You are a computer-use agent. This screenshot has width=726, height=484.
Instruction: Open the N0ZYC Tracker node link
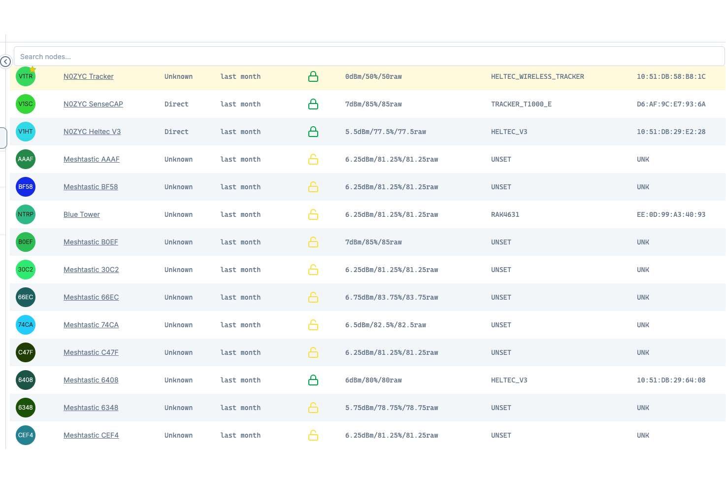89,76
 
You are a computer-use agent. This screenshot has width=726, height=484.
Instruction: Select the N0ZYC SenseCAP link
93,104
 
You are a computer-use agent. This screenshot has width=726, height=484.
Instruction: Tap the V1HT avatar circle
26,132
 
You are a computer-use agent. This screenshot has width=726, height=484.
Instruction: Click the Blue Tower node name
82,214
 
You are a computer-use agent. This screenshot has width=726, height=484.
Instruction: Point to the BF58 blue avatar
26,187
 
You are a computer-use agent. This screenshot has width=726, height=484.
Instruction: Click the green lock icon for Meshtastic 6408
313,380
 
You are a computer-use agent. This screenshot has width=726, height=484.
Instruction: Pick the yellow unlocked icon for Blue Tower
313,214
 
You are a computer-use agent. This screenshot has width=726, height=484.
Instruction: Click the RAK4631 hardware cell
505,214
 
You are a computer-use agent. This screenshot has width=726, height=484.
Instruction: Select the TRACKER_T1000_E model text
521,104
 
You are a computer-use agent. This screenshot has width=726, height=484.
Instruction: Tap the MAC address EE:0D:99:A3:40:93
671,214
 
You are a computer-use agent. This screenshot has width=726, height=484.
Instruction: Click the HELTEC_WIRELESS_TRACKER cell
537,76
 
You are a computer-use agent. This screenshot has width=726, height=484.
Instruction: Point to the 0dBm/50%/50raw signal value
373,76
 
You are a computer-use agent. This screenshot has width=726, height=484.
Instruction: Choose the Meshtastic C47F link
91,352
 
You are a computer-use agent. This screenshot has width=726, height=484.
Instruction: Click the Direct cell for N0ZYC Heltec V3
176,132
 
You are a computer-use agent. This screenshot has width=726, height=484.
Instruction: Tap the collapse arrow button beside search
5,62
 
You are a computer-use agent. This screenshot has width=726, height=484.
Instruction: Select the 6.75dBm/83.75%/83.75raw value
392,297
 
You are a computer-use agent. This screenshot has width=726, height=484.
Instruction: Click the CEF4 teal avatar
26,435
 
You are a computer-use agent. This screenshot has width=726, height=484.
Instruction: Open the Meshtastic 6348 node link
91,408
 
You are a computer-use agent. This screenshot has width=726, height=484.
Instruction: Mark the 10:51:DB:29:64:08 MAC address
671,380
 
